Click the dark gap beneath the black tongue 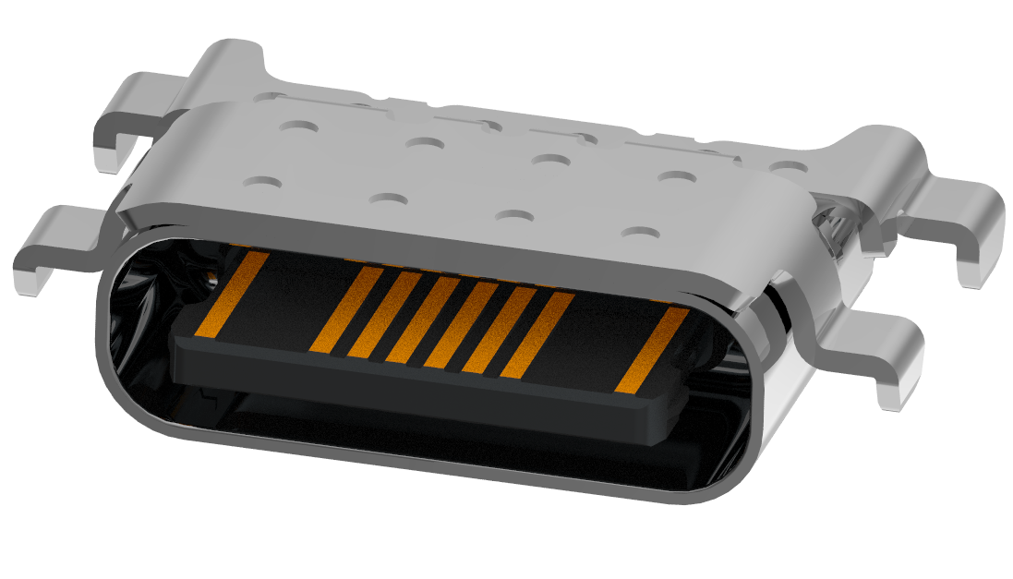pos(416,420)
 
